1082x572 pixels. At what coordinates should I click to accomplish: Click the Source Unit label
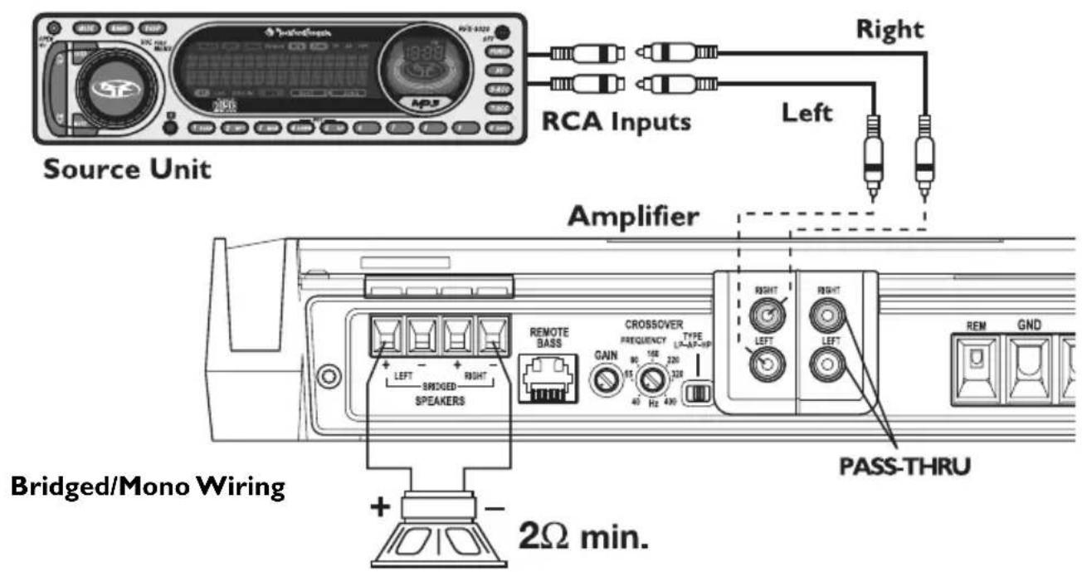pyautogui.click(x=126, y=169)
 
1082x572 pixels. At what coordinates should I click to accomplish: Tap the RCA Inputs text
pyautogui.click(x=616, y=122)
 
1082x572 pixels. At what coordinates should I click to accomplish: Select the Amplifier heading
pyautogui.click(x=633, y=218)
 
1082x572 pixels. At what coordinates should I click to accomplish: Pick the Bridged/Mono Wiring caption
pyautogui.click(x=149, y=486)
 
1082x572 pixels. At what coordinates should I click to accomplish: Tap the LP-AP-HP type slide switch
pyautogui.click(x=701, y=391)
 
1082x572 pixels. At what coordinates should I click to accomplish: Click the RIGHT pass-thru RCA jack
pyautogui.click(x=826, y=316)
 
